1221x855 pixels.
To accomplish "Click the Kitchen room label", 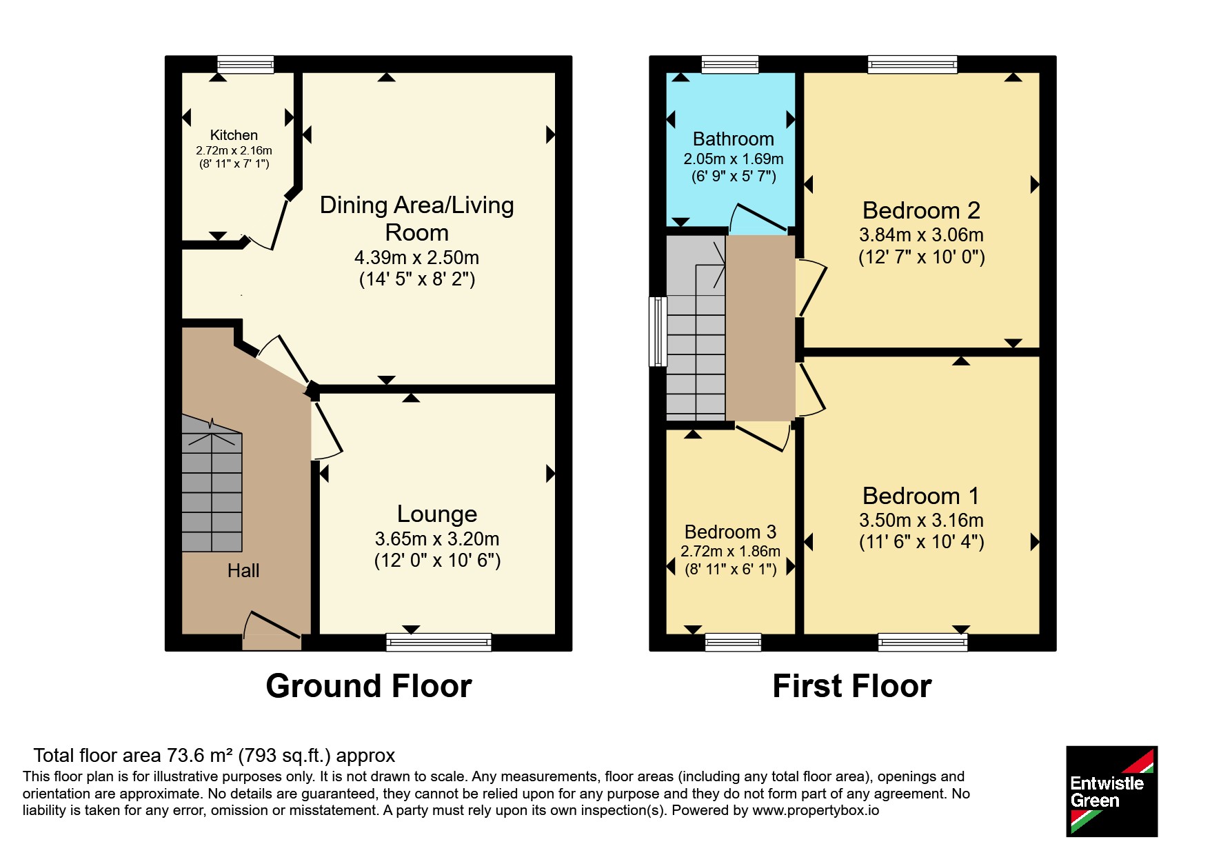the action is [234, 135].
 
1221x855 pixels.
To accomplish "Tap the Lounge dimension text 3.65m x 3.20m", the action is [437, 539].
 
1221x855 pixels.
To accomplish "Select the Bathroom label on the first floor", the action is [733, 139].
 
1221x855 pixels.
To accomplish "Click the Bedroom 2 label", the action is [921, 210].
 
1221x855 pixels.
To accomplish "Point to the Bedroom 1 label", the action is [921, 496].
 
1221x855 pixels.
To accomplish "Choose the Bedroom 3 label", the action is [730, 532].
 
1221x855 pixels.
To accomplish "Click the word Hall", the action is [243, 571].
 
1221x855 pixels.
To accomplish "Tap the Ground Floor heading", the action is [369, 686].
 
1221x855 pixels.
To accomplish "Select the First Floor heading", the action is [852, 686].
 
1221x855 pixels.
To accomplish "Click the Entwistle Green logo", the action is [1112, 792].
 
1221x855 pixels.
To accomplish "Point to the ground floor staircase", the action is [212, 483].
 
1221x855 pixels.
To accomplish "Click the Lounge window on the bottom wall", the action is [438, 642].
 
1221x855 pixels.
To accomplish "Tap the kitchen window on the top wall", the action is [245, 64].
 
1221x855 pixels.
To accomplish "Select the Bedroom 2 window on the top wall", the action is [913, 64].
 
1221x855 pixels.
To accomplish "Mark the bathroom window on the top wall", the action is [730, 64].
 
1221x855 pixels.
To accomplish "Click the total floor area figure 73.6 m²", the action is [199, 756].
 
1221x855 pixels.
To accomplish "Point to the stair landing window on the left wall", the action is [658, 332].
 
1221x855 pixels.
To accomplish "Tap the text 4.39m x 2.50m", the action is [416, 258].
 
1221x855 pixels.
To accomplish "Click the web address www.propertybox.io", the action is [816, 810].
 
